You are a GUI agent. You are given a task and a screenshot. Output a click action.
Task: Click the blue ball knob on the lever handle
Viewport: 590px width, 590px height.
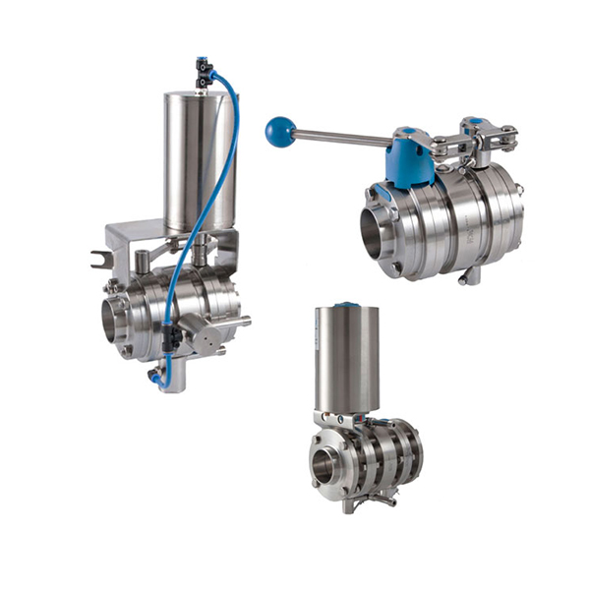point(279,131)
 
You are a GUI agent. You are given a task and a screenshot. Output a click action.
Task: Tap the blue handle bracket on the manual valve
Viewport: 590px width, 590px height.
point(408,157)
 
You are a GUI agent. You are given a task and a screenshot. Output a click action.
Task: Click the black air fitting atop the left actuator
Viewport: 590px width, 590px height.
point(205,70)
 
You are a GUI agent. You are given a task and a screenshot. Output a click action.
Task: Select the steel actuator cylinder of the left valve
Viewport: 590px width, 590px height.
point(200,157)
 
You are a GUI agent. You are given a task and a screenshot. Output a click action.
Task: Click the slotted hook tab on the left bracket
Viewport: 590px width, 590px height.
point(98,259)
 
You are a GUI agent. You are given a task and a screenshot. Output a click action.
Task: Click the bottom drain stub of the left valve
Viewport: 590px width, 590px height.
point(171,379)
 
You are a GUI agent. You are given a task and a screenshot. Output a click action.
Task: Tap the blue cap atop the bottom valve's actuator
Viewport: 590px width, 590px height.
point(347,305)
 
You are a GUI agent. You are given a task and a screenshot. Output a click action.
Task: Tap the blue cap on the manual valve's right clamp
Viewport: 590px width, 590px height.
point(473,122)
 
